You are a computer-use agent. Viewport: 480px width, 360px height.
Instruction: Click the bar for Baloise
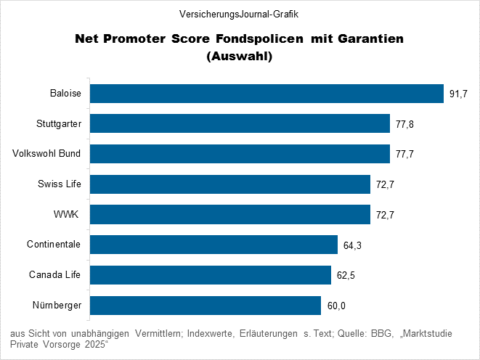point(266,94)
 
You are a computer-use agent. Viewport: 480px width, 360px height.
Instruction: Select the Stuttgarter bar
point(240,124)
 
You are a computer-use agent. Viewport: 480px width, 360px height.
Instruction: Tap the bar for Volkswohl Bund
point(240,154)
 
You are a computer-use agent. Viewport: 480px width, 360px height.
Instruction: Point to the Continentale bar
point(213,245)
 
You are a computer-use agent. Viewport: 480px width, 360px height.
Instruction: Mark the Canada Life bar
point(210,275)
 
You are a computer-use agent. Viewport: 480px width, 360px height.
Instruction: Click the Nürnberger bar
point(205,306)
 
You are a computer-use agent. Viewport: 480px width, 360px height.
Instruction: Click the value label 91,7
point(458,94)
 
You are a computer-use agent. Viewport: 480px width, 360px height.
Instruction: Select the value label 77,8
point(404,125)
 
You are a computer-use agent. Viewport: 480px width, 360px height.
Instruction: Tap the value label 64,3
point(352,246)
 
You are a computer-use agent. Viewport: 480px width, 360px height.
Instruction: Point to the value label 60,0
point(335,306)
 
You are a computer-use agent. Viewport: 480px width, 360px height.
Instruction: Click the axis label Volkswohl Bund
point(46,154)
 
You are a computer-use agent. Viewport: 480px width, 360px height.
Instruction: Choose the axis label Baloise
point(65,94)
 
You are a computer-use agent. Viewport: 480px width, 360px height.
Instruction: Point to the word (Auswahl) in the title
point(240,55)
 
